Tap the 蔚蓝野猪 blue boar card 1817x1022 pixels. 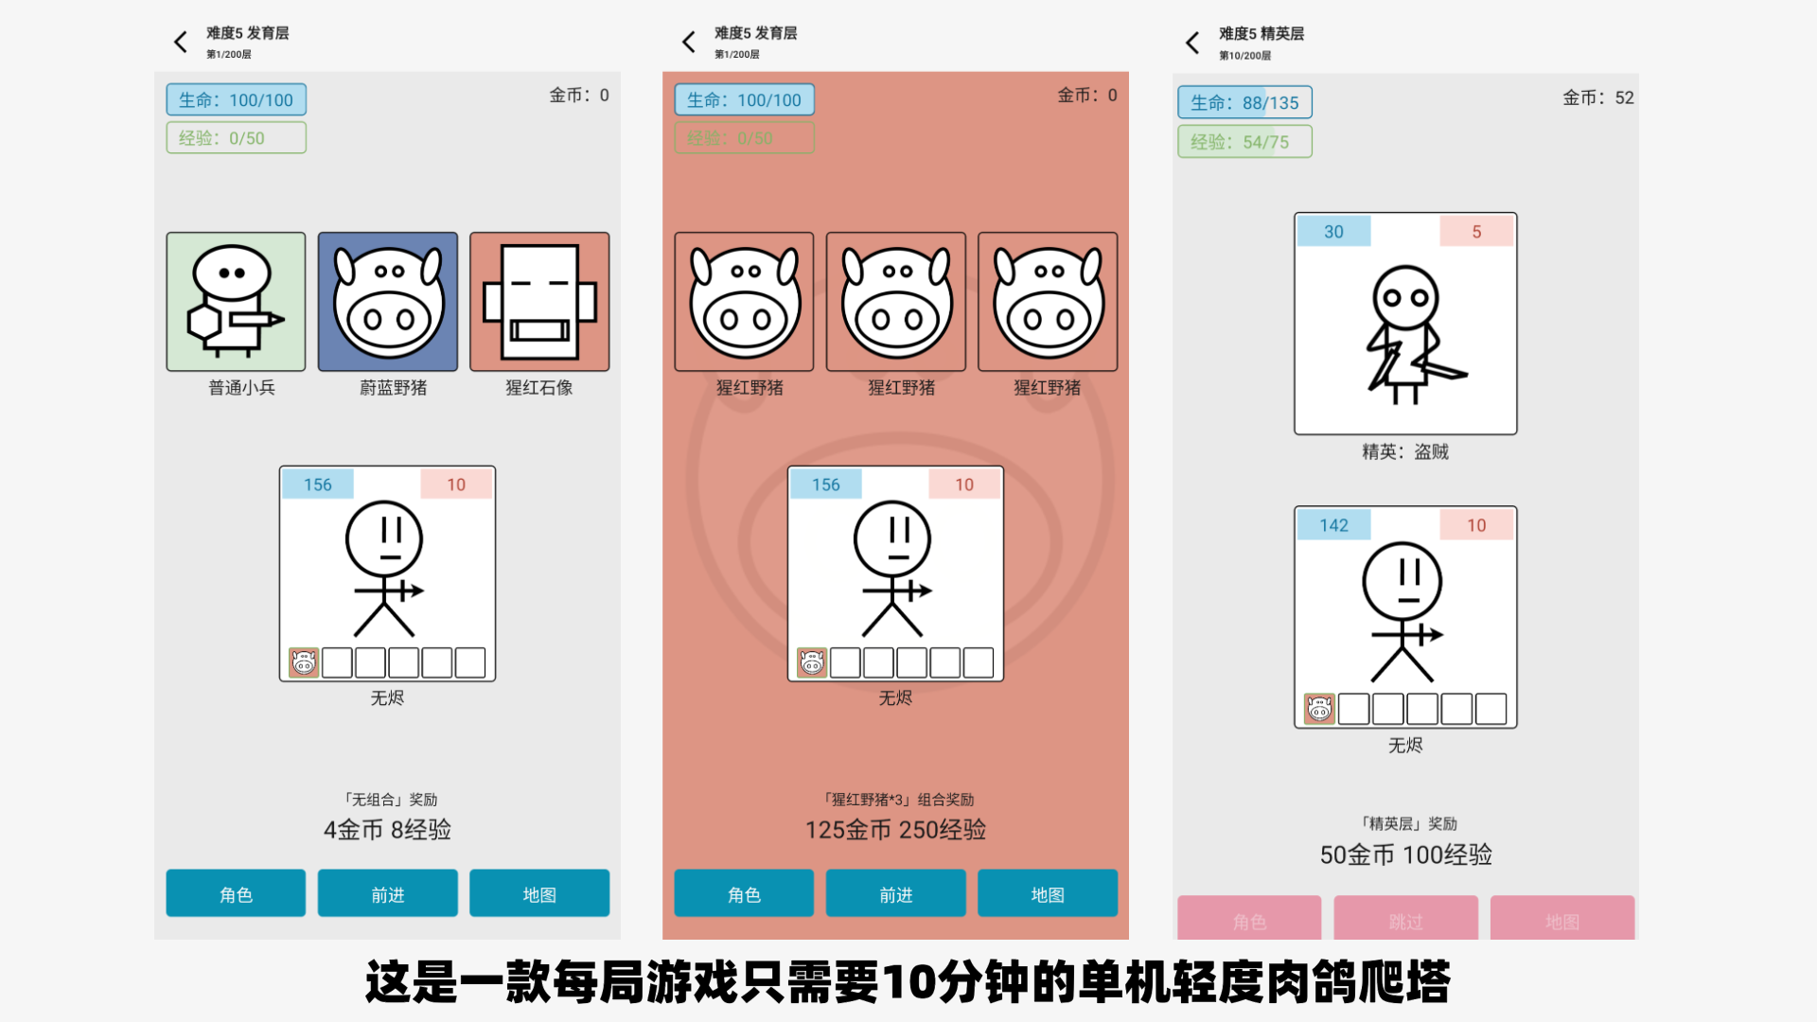point(388,302)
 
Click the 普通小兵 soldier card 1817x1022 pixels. point(236,302)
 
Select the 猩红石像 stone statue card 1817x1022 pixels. point(539,302)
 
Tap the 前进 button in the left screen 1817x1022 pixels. point(388,893)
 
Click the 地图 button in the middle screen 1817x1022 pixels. point(1048,893)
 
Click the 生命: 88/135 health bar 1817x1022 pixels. point(1244,102)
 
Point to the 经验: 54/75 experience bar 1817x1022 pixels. point(1244,142)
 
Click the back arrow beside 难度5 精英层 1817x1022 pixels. point(1192,43)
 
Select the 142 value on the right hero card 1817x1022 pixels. point(1333,525)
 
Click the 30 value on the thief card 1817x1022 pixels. point(1333,232)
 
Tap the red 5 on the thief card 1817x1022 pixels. point(1476,232)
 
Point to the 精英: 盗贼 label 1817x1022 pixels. point(1405,452)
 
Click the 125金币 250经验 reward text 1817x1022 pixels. point(895,830)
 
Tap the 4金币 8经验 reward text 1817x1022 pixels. point(387,830)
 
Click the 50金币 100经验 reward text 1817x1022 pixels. point(1405,855)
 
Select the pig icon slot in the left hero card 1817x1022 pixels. point(304,662)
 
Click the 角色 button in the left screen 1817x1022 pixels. point(236,893)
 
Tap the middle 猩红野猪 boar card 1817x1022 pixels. point(895,302)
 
